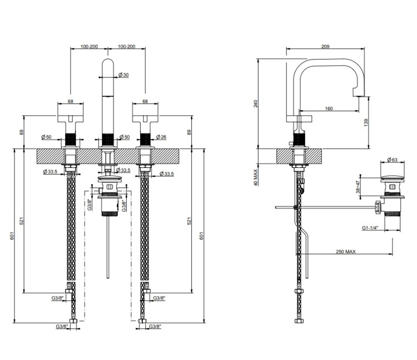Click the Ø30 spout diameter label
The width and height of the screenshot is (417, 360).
pyautogui.click(x=123, y=75)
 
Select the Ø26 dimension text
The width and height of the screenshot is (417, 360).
pyautogui.click(x=161, y=137)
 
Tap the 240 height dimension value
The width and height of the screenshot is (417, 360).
pyautogui.click(x=255, y=103)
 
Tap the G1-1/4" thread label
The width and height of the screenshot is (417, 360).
pyautogui.click(x=370, y=228)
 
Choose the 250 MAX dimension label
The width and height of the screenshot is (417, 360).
pyautogui.click(x=346, y=251)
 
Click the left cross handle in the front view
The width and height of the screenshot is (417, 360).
pyautogui.click(x=71, y=117)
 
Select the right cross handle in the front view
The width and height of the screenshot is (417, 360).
pyautogui.click(x=145, y=117)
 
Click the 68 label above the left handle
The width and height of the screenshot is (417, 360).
pyautogui.click(x=71, y=101)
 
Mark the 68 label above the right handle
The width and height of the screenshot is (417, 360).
pyautogui.click(x=145, y=101)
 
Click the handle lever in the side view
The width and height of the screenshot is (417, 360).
pyautogui.click(x=299, y=117)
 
